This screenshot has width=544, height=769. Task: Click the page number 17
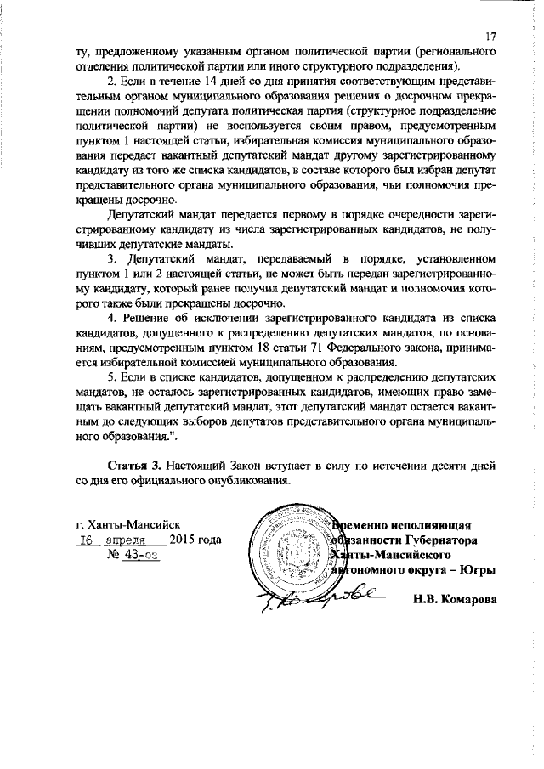(x=490, y=37)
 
